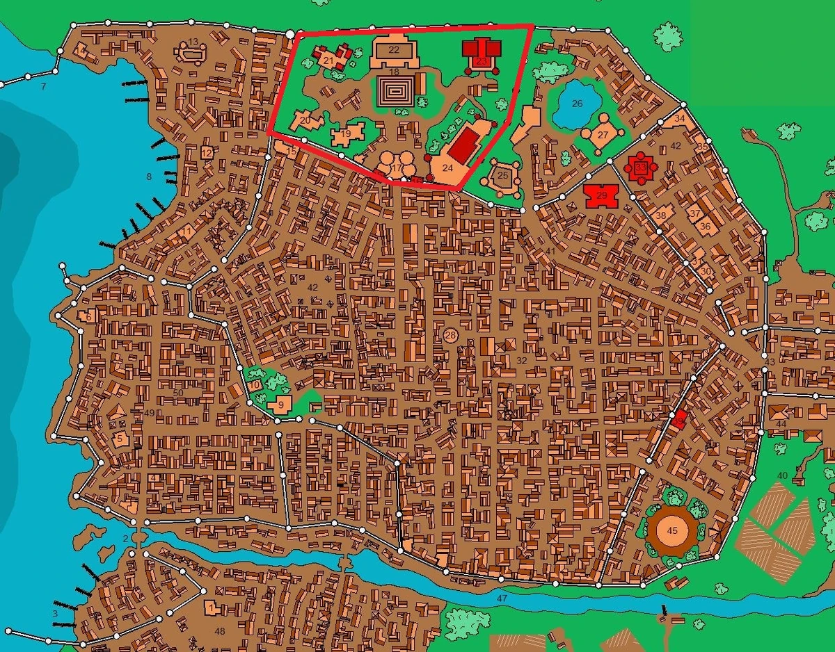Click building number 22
[x=395, y=50]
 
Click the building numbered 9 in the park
[x=280, y=404]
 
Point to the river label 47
[x=502, y=597]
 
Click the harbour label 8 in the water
[x=148, y=177]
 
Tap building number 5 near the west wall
[x=120, y=439]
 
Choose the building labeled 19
[x=346, y=134]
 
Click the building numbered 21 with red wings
[x=331, y=58]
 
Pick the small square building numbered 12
[x=207, y=153]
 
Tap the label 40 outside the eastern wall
[x=782, y=475]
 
